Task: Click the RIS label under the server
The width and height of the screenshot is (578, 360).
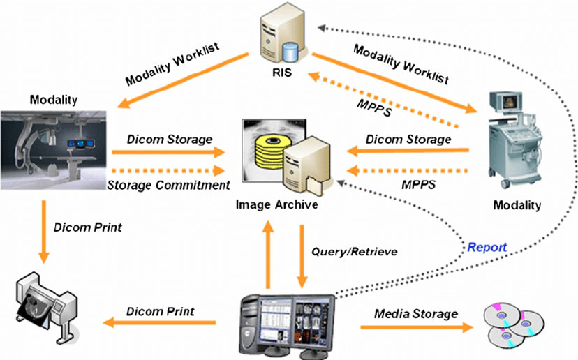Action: click(282, 73)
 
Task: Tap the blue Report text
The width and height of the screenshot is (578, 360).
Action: click(487, 247)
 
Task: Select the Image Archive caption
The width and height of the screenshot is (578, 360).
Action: click(277, 204)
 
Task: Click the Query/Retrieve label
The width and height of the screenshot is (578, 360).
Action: click(354, 252)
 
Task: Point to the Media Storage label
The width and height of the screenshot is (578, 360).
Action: click(416, 314)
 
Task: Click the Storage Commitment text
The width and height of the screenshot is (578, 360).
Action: click(169, 185)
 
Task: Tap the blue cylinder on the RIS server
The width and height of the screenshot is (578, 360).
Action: click(290, 53)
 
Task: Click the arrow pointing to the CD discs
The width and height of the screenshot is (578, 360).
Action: click(417, 327)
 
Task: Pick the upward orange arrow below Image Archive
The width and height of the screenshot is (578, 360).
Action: click(268, 254)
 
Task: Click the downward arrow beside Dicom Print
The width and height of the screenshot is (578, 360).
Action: click(44, 232)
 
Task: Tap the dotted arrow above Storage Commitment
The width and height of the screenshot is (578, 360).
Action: click(168, 170)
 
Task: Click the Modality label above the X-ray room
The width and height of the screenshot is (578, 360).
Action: click(54, 100)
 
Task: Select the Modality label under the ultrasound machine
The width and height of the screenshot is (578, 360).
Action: click(517, 205)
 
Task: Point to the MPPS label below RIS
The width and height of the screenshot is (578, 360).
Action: click(373, 107)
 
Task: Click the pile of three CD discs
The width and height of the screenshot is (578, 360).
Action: click(514, 324)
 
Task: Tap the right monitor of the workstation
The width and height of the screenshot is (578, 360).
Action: click(313, 319)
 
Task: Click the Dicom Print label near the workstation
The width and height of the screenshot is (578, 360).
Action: click(161, 311)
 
